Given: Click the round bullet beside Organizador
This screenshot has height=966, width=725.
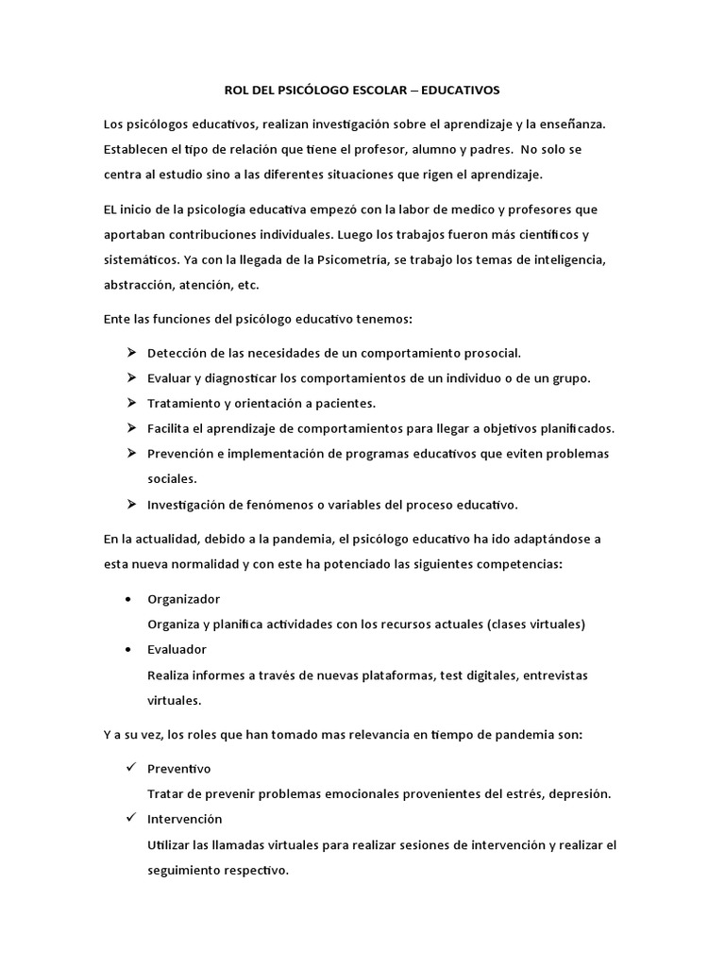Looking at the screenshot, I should pyautogui.click(x=128, y=600).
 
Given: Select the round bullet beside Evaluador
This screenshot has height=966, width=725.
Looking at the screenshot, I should pyautogui.click(x=128, y=650).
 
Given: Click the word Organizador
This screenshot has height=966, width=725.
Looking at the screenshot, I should pyautogui.click(x=184, y=600).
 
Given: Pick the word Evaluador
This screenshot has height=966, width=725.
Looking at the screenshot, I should pyautogui.click(x=177, y=650).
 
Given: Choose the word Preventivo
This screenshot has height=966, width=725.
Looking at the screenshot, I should pyautogui.click(x=179, y=769).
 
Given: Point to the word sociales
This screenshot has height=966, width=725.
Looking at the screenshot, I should pyautogui.click(x=171, y=478).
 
